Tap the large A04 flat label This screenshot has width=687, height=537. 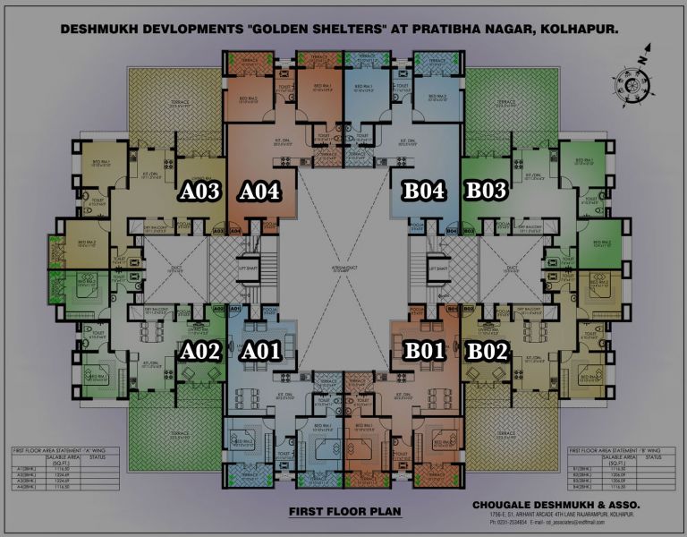[x=260, y=191]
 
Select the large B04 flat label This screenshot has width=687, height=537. [x=423, y=191]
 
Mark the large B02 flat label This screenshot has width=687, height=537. [x=488, y=351]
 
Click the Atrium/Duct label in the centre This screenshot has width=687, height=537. [x=343, y=268]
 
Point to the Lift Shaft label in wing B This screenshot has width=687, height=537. [x=438, y=268]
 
